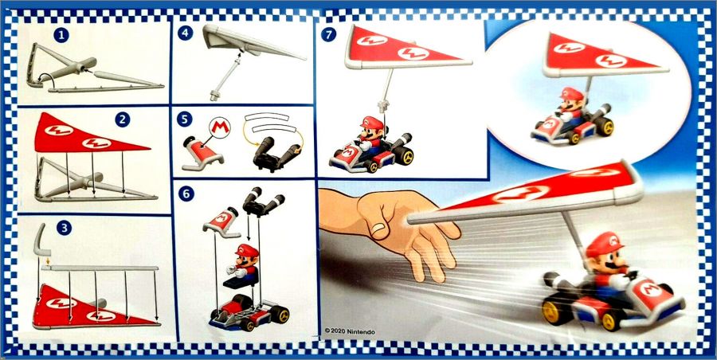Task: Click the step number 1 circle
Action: tap(61, 35)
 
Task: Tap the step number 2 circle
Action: tap(123, 119)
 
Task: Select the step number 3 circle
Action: tap(64, 228)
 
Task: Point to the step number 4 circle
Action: tap(185, 33)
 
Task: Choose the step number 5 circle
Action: tap(185, 119)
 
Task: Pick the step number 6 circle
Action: tap(185, 194)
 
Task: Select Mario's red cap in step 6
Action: tap(247, 251)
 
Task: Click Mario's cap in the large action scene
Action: tap(605, 245)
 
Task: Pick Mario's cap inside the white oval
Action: tap(570, 94)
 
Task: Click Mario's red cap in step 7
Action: tap(371, 123)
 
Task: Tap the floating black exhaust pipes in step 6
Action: tap(264, 202)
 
